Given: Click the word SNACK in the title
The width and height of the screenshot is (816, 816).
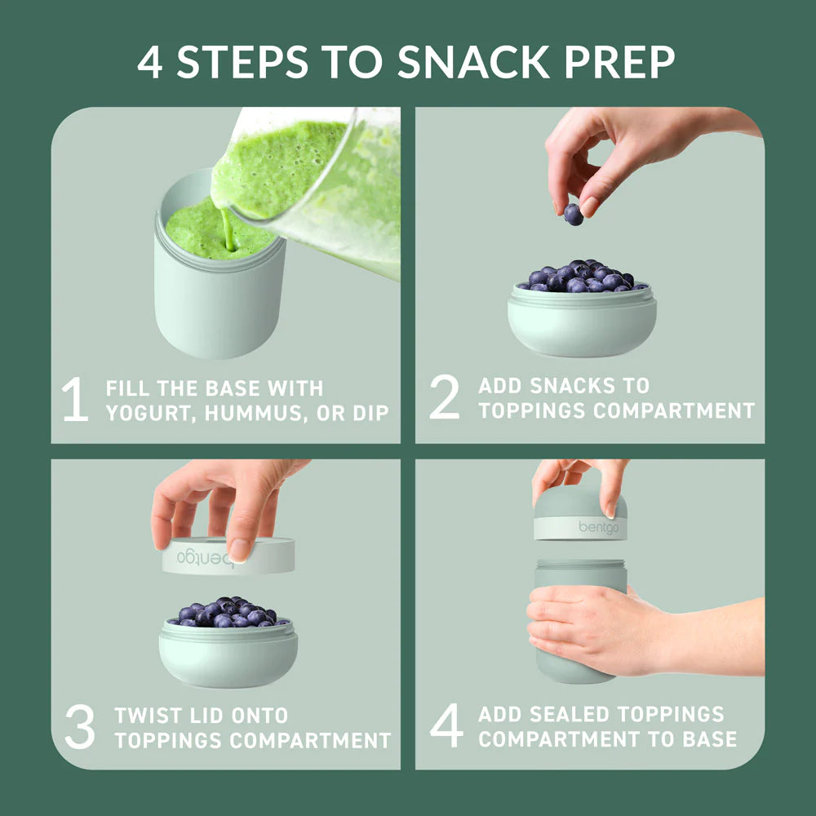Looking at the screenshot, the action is (x=473, y=62).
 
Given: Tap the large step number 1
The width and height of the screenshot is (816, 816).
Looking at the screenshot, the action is (x=75, y=399).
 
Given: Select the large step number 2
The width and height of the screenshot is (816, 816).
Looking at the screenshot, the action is (x=445, y=397).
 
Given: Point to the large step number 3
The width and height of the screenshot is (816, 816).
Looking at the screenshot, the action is (x=80, y=726).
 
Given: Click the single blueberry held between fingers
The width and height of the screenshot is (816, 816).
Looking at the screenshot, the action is (x=574, y=215).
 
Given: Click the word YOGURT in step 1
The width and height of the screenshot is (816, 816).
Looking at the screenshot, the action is (x=149, y=413).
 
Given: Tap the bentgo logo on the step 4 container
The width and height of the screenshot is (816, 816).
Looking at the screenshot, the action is (x=598, y=527).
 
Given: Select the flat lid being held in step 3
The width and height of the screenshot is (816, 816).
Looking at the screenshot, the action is (x=228, y=556).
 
